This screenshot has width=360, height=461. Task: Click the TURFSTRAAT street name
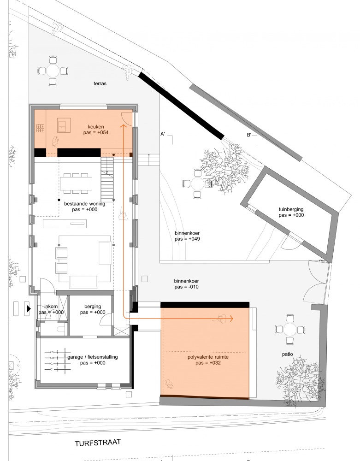[x=98, y=443]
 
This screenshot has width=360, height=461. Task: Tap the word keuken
[x=96, y=127]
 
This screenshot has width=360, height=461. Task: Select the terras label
[x=100, y=83]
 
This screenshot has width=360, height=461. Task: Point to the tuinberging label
[x=291, y=209]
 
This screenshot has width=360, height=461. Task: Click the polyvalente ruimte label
[x=208, y=357]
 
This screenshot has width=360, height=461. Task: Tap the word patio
[x=288, y=354]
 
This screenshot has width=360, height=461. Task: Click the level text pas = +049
[x=187, y=239]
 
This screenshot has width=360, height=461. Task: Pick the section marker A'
[x=163, y=134]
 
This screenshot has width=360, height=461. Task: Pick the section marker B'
[x=249, y=135]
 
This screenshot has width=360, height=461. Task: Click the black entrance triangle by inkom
[x=29, y=309]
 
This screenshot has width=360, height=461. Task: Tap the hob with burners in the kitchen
[x=40, y=128]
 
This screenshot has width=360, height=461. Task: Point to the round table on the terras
[x=53, y=71]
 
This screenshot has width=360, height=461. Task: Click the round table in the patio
[x=290, y=330]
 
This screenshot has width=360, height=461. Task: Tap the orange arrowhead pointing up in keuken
[x=123, y=126]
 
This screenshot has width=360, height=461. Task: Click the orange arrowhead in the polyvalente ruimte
[x=231, y=319]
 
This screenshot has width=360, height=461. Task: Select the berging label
[x=93, y=307]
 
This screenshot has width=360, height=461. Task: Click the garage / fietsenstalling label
[x=93, y=357]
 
